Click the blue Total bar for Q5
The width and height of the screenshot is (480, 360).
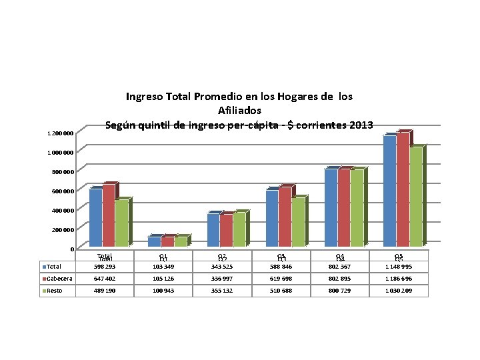click(x=389, y=190)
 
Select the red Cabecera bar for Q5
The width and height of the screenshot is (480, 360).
click(x=403, y=189)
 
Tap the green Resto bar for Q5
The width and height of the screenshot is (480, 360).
click(x=416, y=196)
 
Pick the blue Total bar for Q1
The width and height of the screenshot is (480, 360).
click(x=154, y=241)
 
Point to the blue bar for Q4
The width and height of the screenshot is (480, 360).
click(x=331, y=207)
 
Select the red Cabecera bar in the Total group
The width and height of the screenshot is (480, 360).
click(x=108, y=215)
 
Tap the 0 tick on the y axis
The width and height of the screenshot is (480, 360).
click(x=71, y=249)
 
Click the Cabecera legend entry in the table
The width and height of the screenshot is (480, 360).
click(x=59, y=278)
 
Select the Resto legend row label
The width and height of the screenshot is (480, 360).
click(x=55, y=291)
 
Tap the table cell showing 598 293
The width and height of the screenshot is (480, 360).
click(x=105, y=267)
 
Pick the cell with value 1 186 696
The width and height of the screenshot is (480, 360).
click(x=399, y=278)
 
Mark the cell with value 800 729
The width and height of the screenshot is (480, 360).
click(x=340, y=291)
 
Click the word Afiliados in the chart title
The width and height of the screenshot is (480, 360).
click(x=239, y=110)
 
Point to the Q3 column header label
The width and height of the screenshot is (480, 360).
click(x=281, y=257)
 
